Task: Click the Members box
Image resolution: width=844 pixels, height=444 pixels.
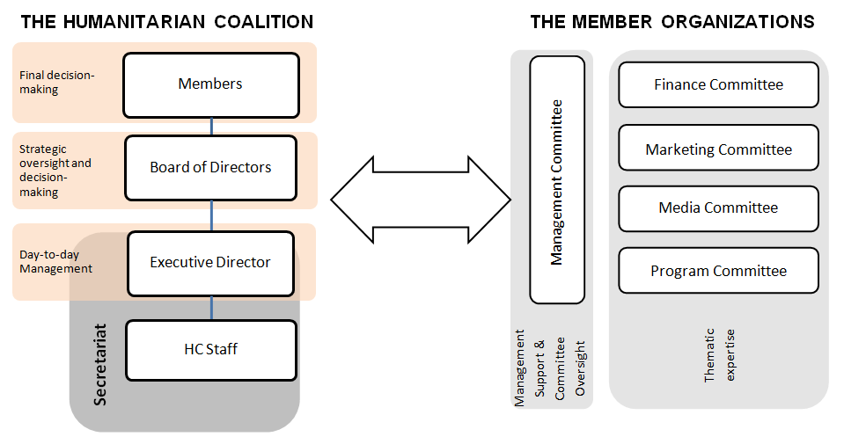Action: (210, 84)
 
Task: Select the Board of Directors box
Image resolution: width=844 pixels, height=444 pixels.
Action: (210, 167)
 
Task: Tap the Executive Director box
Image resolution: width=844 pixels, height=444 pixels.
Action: (210, 262)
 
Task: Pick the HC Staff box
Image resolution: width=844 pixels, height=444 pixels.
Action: (210, 349)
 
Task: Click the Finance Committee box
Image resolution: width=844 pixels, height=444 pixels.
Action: (718, 85)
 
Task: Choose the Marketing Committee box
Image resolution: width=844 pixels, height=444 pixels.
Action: (718, 149)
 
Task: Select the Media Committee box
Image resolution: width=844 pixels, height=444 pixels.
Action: (718, 208)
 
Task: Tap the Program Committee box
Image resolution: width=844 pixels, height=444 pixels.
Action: (718, 271)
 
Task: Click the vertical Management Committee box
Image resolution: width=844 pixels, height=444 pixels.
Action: (557, 180)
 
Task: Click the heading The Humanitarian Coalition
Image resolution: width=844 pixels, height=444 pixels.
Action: (166, 22)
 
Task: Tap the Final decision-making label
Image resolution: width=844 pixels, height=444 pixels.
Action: (56, 82)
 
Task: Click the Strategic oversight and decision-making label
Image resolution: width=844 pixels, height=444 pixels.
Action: (55, 171)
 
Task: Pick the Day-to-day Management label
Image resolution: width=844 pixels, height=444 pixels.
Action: (55, 262)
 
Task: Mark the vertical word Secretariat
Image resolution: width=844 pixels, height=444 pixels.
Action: (99, 364)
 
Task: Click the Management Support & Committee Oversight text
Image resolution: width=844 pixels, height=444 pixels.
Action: (549, 368)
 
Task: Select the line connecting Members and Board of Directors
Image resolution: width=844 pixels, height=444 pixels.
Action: (211, 127)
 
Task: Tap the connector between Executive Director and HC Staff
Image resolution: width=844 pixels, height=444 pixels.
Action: (211, 308)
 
